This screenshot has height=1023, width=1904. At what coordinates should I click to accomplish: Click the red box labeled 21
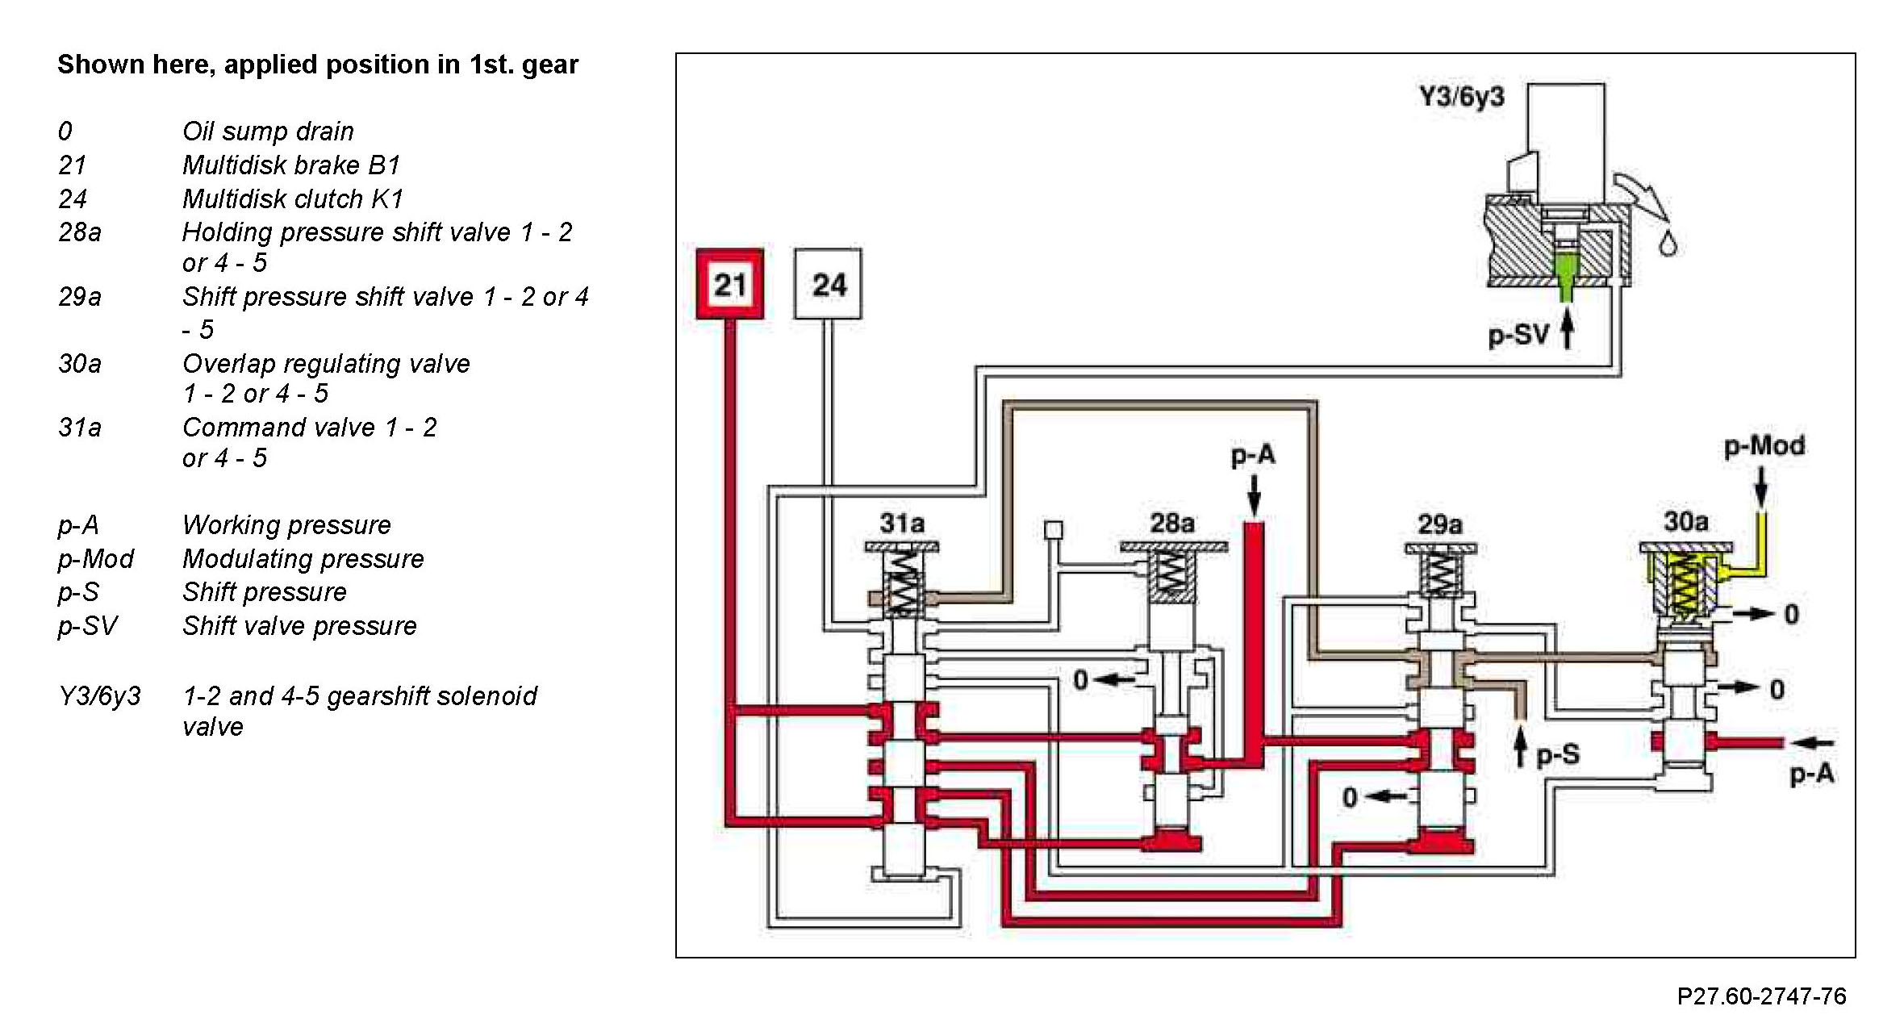click(x=730, y=284)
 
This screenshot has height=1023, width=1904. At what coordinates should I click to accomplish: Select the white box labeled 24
click(x=828, y=284)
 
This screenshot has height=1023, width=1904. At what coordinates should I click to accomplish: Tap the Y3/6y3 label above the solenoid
click(x=1461, y=97)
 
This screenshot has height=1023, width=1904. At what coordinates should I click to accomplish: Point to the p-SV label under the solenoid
click(x=1518, y=333)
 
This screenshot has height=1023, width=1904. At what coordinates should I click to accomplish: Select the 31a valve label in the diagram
click(x=901, y=524)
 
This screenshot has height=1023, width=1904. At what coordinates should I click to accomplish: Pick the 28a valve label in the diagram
click(x=1171, y=524)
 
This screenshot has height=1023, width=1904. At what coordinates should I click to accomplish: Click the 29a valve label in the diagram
click(x=1439, y=525)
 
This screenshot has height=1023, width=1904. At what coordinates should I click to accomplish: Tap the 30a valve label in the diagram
click(x=1685, y=522)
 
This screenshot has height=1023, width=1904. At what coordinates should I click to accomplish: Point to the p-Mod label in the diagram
click(x=1764, y=446)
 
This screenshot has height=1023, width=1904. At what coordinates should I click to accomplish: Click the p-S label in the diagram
click(x=1557, y=754)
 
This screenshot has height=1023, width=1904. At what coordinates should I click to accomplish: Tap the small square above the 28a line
click(x=1053, y=530)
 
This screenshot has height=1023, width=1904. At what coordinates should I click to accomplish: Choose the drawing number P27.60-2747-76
click(x=1761, y=996)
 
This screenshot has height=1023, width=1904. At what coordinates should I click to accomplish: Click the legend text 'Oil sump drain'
click(x=268, y=131)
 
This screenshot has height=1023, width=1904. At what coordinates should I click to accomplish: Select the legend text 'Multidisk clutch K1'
click(x=292, y=198)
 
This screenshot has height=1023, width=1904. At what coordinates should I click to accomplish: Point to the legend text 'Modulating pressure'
click(x=303, y=558)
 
